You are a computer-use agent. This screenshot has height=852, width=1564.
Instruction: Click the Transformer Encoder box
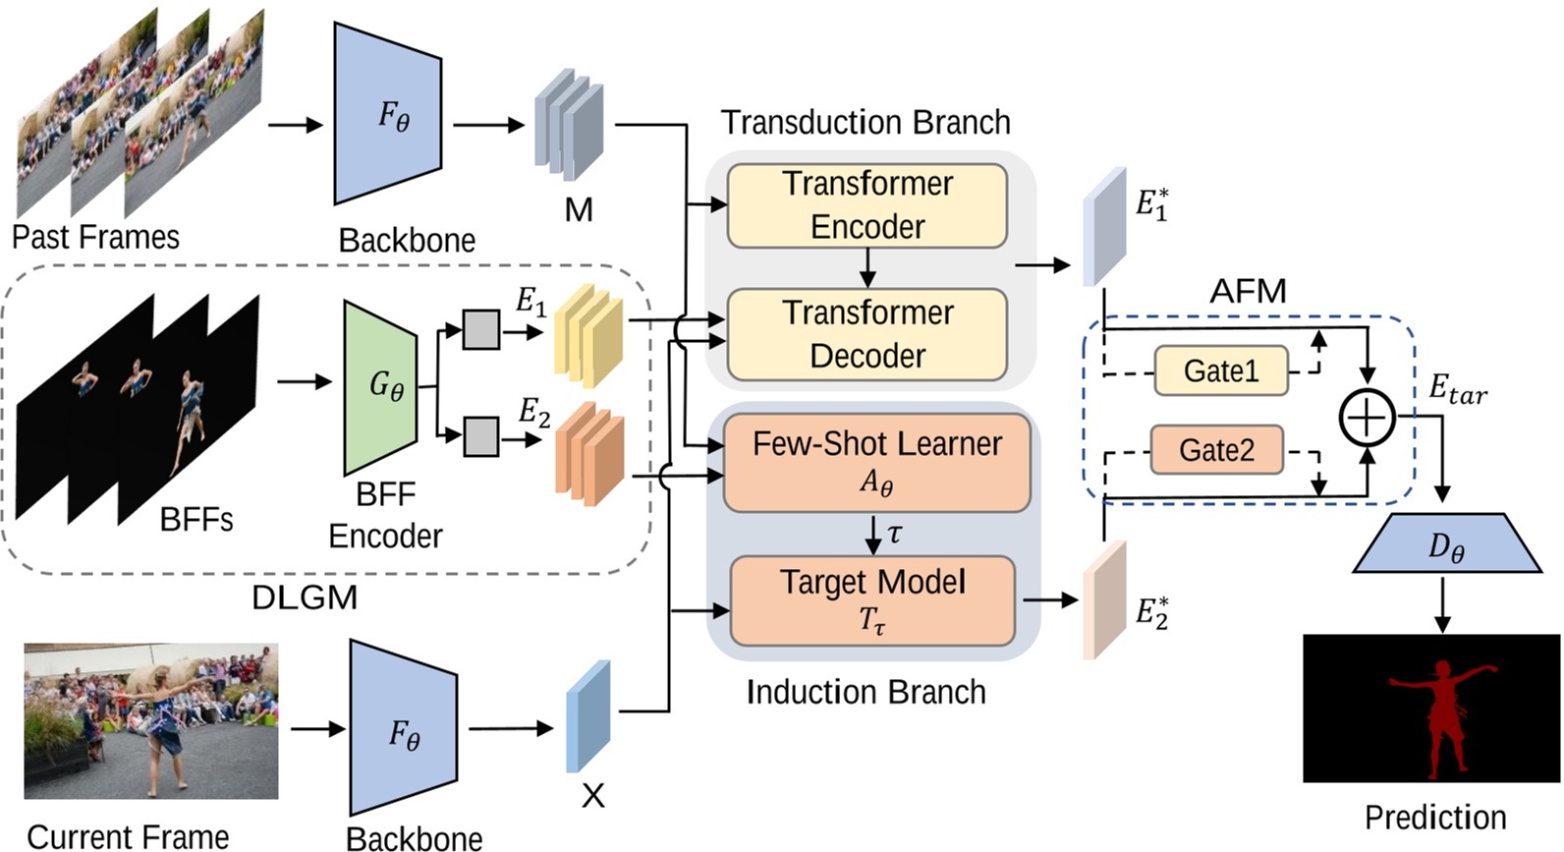click(866, 205)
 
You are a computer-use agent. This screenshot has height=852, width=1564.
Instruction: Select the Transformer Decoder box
click(866, 334)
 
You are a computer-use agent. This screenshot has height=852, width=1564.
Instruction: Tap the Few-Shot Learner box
click(876, 463)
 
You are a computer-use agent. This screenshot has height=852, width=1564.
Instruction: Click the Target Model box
click(872, 600)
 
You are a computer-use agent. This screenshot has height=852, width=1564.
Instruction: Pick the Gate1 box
click(1220, 370)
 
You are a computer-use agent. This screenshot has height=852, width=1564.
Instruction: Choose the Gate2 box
click(1216, 450)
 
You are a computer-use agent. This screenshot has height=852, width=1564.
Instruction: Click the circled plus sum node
click(1367, 417)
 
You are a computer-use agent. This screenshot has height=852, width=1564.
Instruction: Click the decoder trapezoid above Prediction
click(1445, 543)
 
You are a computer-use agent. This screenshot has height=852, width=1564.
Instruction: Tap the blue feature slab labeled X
click(587, 716)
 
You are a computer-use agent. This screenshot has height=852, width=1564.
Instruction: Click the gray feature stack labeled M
click(569, 124)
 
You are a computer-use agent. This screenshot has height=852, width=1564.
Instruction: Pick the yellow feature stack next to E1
click(588, 331)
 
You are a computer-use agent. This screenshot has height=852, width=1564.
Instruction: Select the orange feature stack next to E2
click(589, 453)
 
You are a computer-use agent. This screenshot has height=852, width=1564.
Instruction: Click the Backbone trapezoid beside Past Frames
click(387, 114)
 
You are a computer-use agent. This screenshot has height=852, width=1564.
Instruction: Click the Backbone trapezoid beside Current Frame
click(402, 728)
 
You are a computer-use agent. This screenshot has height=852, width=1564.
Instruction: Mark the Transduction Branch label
click(866, 123)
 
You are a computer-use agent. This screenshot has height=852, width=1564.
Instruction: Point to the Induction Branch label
click(866, 692)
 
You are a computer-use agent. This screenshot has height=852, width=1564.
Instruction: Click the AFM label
click(1248, 291)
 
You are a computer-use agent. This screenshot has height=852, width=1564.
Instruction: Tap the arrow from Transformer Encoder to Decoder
click(866, 267)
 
